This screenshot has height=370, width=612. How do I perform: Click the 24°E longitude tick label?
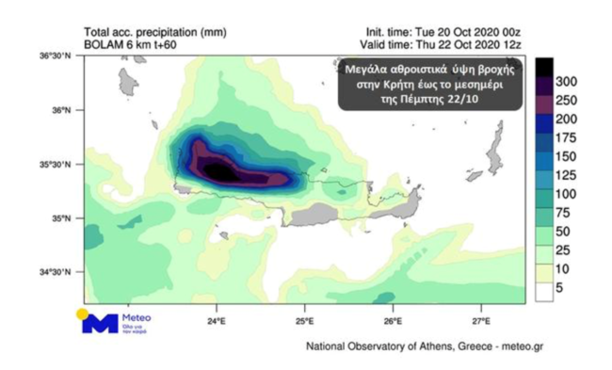click(x=216, y=321)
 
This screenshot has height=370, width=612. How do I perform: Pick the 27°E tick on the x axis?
click(x=480, y=321)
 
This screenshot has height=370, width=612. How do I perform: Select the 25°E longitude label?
click(x=304, y=321)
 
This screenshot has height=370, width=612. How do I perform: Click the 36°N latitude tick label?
click(x=59, y=110)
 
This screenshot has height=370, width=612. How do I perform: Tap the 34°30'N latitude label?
click(x=55, y=273)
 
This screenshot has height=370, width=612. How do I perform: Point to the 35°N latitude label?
click(x=59, y=218)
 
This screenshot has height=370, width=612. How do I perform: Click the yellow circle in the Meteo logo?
click(x=84, y=313)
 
